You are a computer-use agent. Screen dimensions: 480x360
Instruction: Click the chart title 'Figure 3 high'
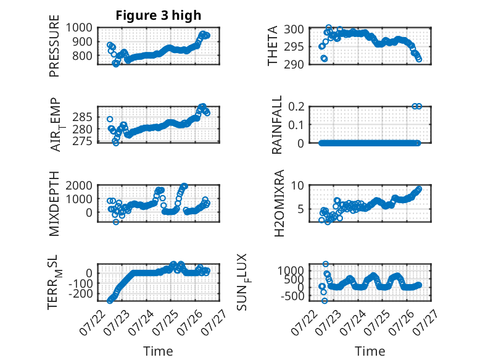pyautogui.click(x=159, y=15)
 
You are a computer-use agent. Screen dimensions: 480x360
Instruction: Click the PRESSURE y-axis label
pyautogui.click(x=54, y=46)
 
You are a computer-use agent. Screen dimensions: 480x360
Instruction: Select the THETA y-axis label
pyautogui.click(x=272, y=46)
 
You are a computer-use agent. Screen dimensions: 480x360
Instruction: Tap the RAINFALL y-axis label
pyautogui.click(x=276, y=125)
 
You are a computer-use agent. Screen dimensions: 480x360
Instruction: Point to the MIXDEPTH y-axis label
pyautogui.click(x=54, y=204)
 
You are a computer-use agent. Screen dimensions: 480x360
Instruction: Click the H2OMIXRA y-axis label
pyautogui.click(x=279, y=203)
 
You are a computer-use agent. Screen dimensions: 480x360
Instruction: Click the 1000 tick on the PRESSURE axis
pyautogui.click(x=79, y=28)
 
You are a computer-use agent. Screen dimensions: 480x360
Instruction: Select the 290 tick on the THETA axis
pyautogui.click(x=294, y=64)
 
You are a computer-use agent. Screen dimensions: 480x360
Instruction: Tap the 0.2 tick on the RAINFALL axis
pyautogui.click(x=296, y=107)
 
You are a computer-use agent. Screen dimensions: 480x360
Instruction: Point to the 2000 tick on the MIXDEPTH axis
pyautogui.click(x=79, y=185)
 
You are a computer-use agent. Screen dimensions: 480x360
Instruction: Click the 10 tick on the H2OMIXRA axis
pyautogui.click(x=297, y=185)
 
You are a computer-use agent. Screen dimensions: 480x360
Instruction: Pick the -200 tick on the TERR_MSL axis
pyautogui.click(x=80, y=293)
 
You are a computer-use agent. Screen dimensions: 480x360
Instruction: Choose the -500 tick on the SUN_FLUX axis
pyautogui.click(x=292, y=296)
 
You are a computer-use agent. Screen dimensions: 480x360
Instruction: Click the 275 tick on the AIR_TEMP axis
pyautogui.click(x=82, y=141)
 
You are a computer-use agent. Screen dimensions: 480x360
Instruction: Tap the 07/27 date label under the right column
pyautogui.click(x=425, y=322)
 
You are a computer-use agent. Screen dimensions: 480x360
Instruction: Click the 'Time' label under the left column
pyautogui.click(x=159, y=351)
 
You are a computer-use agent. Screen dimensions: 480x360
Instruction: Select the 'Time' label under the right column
pyautogui.click(x=370, y=351)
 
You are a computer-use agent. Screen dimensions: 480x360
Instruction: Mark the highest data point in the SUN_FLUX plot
pyautogui.click(x=325, y=264)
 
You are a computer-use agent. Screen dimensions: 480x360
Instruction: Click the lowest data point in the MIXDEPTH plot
pyautogui.click(x=116, y=222)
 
